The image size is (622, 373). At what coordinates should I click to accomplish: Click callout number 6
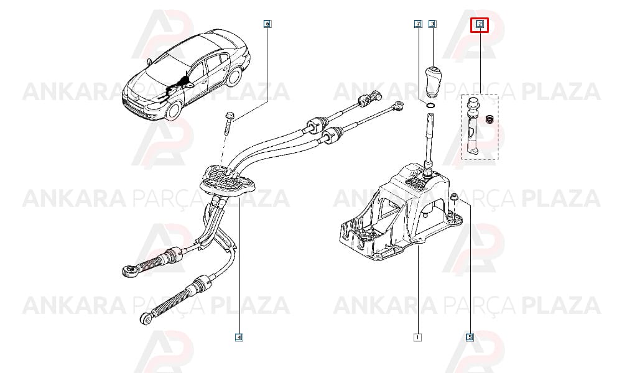coord(267,24)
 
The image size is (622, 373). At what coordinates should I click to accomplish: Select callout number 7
coord(418,24)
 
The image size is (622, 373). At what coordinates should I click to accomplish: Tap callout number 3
coord(432,24)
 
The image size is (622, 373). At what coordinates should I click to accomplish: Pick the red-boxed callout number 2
coord(480,25)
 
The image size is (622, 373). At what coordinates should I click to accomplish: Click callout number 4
coord(239,338)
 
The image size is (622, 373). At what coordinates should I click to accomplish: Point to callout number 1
coord(417,338)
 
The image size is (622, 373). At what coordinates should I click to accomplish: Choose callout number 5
coord(470,338)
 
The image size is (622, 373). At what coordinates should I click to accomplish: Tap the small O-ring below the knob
coord(430,105)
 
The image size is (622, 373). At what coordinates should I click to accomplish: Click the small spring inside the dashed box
coord(490,119)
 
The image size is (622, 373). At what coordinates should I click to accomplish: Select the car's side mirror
coord(189,85)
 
